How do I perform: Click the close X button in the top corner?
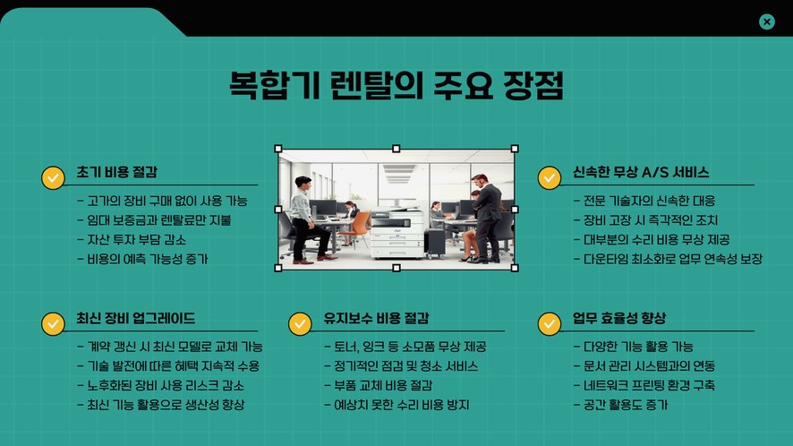click(767, 21)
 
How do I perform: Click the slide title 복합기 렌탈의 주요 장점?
click(396, 85)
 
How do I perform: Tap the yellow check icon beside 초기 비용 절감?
click(53, 177)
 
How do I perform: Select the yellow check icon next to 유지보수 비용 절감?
click(300, 323)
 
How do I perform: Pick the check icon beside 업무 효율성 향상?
click(550, 323)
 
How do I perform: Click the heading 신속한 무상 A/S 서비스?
click(641, 172)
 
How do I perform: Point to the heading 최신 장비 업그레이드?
click(135, 319)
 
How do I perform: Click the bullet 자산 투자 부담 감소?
click(132, 239)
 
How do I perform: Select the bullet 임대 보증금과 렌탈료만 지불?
click(154, 220)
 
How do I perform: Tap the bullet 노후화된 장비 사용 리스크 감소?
click(161, 385)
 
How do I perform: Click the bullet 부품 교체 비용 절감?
click(379, 385)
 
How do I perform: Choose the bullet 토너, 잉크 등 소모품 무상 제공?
click(405, 347)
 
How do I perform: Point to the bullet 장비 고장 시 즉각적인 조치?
click(646, 220)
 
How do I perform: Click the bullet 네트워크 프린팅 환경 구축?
click(644, 385)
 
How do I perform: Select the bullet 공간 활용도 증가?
click(621, 405)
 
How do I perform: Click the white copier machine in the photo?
click(397, 234)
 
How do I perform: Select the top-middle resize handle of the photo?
click(396, 149)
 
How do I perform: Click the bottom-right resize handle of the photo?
click(515, 268)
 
